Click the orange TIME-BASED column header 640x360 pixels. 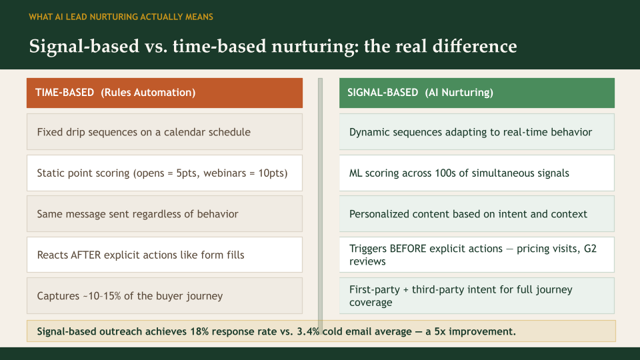coord(164,93)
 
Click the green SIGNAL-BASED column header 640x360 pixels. coord(476,93)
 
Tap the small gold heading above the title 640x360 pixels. coord(121,17)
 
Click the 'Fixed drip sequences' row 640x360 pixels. coord(164,132)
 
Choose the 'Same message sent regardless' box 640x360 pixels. coord(164,214)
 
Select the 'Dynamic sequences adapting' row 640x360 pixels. coord(476,132)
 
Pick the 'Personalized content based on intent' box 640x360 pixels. coord(476,214)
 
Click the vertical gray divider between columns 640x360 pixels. coord(320,200)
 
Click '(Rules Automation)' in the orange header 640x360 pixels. coord(148,93)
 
